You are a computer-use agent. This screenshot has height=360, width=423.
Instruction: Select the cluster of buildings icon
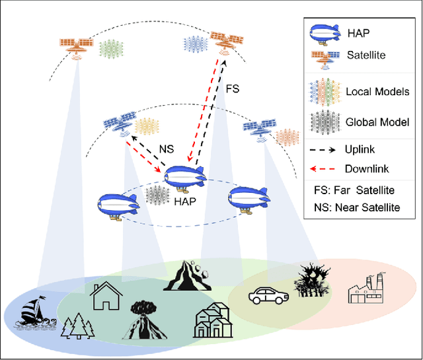tap(213, 321)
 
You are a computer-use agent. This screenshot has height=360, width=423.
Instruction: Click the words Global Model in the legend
tap(377, 122)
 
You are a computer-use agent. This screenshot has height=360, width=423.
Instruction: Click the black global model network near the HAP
tap(157, 196)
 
